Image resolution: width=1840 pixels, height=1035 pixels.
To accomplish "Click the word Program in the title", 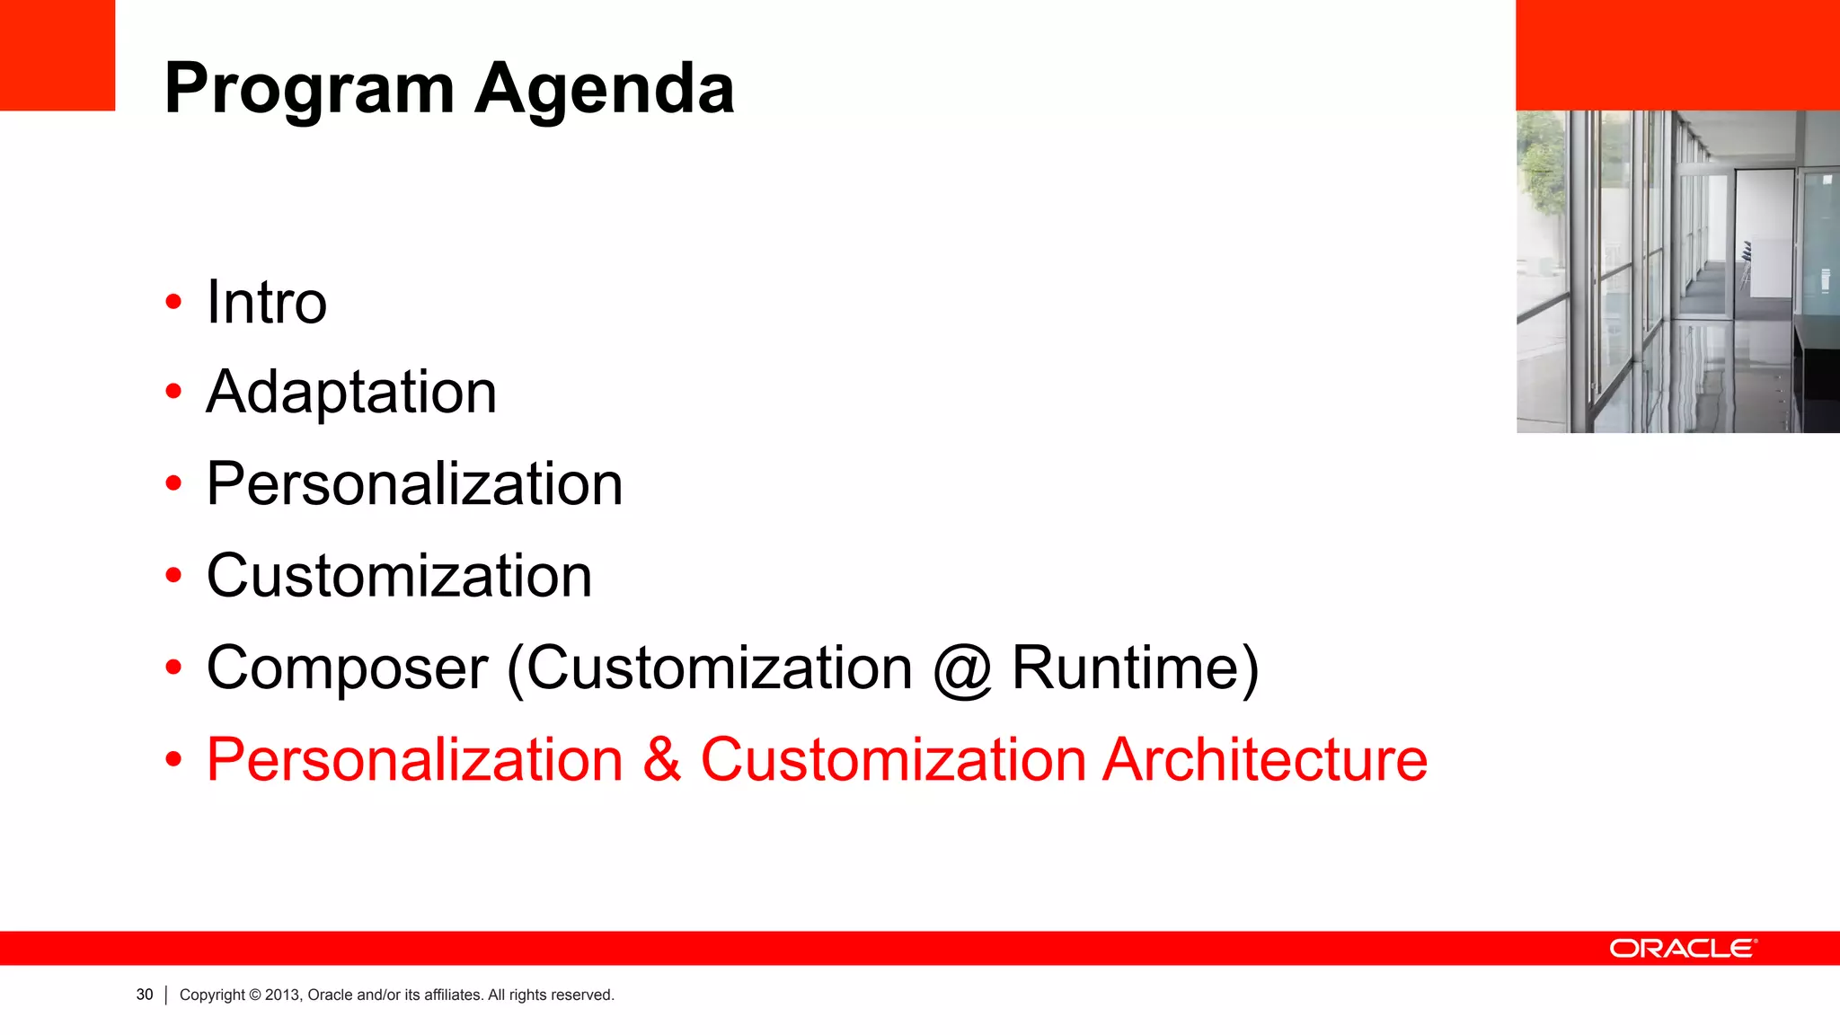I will [x=309, y=90].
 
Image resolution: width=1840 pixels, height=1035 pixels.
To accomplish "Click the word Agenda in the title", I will [x=605, y=90].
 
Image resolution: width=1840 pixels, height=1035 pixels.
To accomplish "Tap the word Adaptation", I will [x=351, y=393].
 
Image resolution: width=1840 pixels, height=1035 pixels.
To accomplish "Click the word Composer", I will [x=347, y=668].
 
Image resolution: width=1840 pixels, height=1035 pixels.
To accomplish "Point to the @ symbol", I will [x=962, y=670].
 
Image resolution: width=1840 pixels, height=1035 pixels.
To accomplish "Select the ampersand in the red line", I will [x=661, y=760].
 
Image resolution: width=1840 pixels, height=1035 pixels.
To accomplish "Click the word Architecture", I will [x=1265, y=760].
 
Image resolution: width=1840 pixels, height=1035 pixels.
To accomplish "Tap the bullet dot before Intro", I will [x=173, y=303].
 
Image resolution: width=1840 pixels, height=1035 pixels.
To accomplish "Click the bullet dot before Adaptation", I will [x=173, y=392].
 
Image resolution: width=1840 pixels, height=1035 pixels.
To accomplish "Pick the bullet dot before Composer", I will [x=173, y=668].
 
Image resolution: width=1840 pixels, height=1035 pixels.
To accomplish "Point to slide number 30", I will [x=145, y=995].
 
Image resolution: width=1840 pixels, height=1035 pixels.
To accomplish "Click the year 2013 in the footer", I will [x=282, y=995].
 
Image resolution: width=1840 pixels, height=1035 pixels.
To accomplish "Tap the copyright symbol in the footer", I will [x=255, y=995].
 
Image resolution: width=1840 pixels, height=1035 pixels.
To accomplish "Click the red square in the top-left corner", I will [x=57, y=55].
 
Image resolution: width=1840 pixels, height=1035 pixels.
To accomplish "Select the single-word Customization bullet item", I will [x=399, y=576].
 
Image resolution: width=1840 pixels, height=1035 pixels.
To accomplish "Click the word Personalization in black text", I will [x=414, y=484].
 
